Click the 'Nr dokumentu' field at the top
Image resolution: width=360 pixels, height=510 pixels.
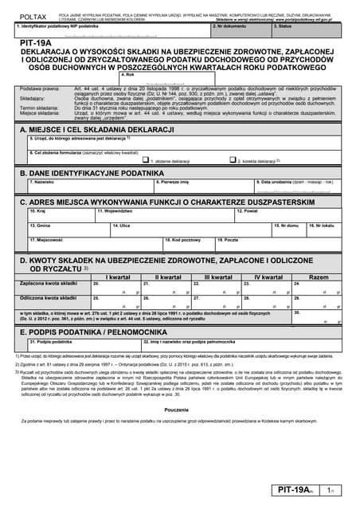coord(240,29)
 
